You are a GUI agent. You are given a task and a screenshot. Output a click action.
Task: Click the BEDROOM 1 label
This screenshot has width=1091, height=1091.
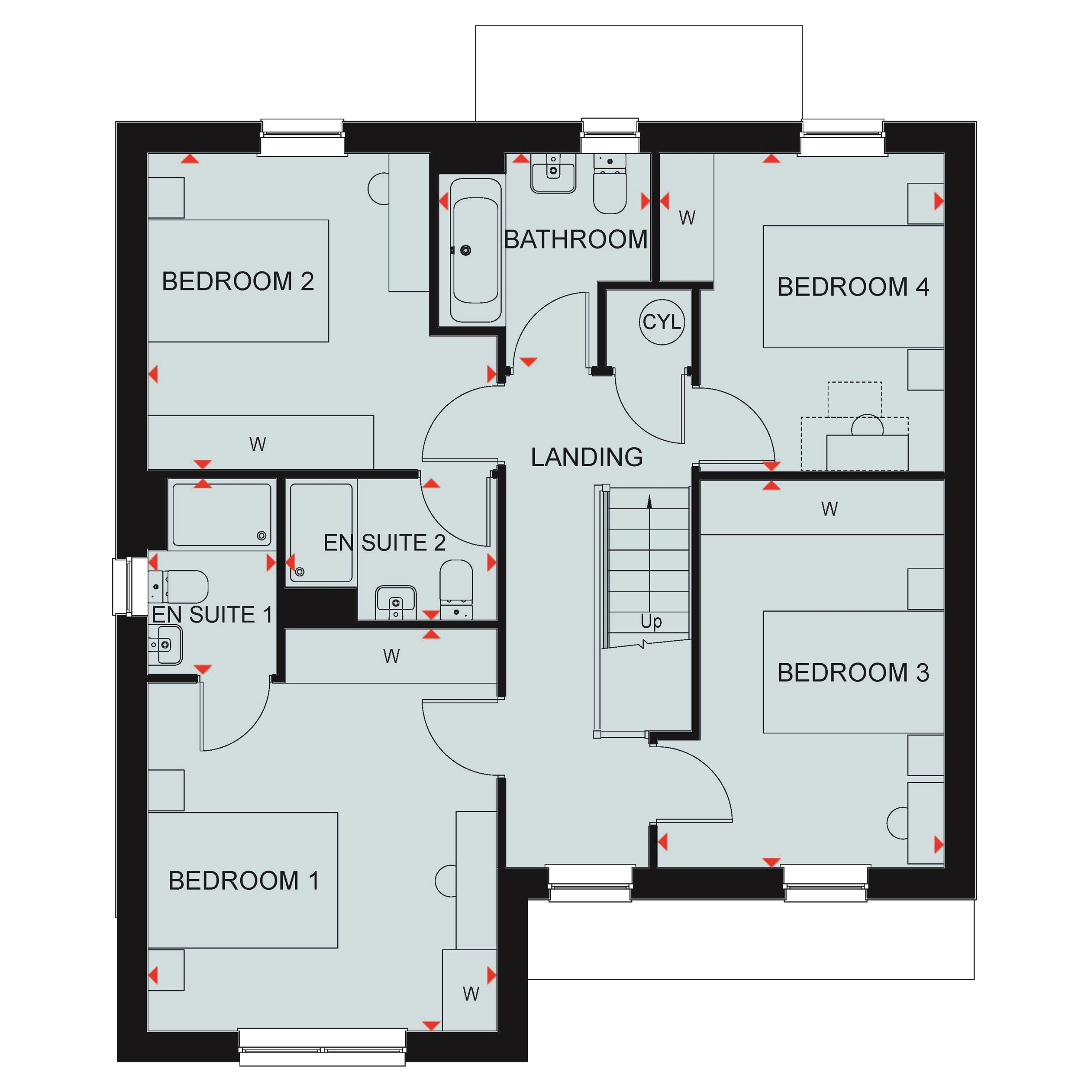coord(244,880)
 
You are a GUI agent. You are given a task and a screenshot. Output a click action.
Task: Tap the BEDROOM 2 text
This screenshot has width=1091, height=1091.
coord(238,281)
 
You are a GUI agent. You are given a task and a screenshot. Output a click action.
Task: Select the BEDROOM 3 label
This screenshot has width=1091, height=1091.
coord(853,672)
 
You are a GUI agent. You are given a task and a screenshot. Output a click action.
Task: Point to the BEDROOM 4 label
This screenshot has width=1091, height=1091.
coord(853,287)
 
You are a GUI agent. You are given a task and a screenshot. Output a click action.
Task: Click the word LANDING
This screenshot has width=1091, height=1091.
coord(587,457)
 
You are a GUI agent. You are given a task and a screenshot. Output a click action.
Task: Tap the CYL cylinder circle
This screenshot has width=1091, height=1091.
coord(662,322)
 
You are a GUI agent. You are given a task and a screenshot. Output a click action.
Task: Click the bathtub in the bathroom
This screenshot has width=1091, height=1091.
coord(475,250)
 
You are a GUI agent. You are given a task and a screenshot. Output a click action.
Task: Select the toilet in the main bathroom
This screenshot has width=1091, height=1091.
coord(610,184)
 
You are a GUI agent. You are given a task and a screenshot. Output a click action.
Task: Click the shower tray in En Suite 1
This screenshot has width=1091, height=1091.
coord(221,514)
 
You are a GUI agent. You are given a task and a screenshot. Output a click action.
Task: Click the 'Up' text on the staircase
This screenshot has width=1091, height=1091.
coord(651,622)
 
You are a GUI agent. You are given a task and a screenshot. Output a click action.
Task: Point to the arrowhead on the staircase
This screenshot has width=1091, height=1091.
coord(649,501)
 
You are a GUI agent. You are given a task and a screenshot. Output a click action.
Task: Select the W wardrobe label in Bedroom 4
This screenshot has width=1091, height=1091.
coord(687,217)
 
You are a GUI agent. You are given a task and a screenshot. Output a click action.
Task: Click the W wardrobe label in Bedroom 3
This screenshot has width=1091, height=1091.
coord(830,509)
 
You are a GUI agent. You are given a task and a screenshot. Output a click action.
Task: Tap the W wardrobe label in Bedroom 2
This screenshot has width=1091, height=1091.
coord(258,445)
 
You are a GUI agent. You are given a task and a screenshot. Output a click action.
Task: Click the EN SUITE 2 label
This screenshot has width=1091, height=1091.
coord(384,542)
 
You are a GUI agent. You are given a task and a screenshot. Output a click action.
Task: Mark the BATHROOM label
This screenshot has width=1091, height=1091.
coord(576,239)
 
